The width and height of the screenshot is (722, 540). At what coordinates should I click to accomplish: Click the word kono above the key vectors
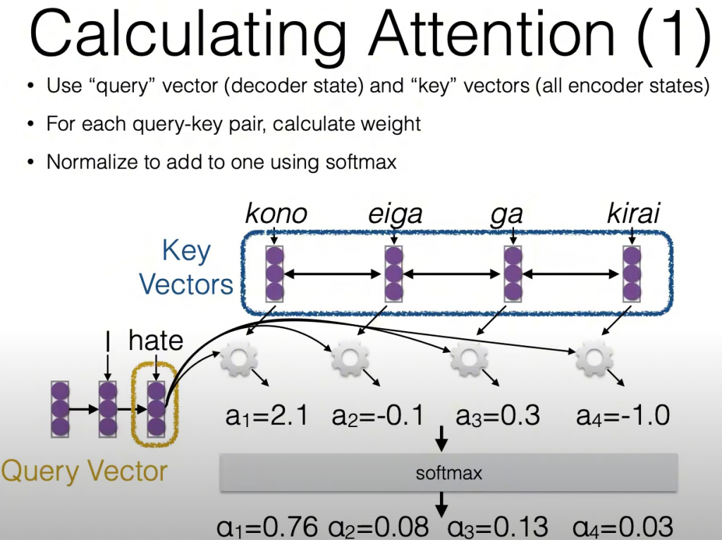276,213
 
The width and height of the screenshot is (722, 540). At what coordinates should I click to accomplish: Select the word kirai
633,213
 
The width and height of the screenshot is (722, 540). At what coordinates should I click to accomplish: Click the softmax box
448,473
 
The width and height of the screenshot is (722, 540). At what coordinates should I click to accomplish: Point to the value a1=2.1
267,416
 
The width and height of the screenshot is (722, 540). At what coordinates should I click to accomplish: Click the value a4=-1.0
623,415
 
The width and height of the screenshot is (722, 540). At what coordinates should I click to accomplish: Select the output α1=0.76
267,527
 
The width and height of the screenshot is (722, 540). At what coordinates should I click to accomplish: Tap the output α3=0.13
498,527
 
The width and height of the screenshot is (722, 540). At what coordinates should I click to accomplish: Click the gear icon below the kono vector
238,358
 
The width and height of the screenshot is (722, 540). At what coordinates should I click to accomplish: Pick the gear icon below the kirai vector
594,358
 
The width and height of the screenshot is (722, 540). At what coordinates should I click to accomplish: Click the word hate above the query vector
156,340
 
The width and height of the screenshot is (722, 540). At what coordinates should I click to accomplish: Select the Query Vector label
85,472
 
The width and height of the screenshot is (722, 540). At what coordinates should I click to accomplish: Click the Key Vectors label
186,268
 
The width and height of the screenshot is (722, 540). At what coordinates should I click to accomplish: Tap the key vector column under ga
513,274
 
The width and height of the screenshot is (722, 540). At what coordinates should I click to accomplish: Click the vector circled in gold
156,409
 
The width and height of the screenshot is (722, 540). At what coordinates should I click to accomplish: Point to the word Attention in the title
491,33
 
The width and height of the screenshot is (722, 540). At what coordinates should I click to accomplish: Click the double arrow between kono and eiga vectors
333,275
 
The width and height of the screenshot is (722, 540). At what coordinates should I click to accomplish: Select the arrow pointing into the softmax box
441,438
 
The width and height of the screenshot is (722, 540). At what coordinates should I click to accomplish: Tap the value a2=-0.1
378,416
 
